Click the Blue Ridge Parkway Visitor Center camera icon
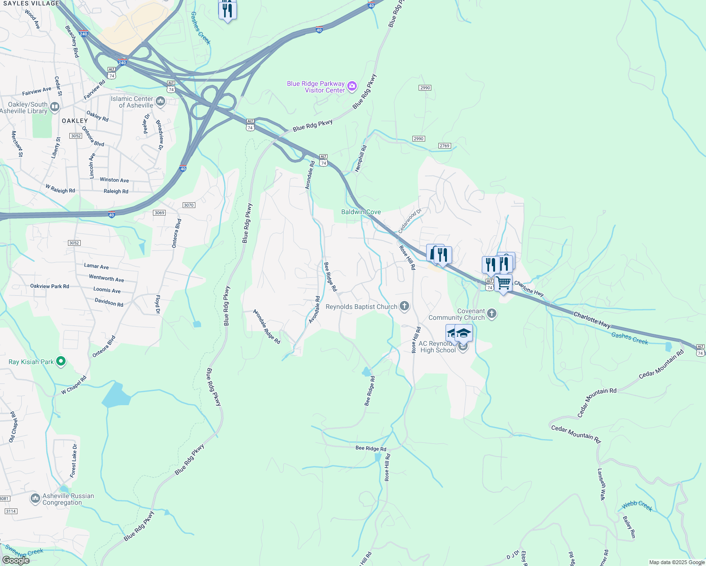[x=352, y=86]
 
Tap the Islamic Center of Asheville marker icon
[x=160, y=101]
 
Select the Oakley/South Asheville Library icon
[x=55, y=107]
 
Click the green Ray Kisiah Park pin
[x=60, y=362]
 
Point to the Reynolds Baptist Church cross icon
[x=404, y=307]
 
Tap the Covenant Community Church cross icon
[x=492, y=314]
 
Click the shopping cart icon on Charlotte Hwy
[x=504, y=283]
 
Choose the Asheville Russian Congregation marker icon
[x=35, y=499]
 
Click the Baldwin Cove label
[x=361, y=212]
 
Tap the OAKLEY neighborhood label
[x=75, y=121]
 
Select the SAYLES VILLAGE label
[x=31, y=3]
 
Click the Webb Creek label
[x=637, y=507]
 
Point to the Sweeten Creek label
[x=25, y=552]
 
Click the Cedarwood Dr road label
[x=409, y=221]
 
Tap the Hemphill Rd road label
[x=361, y=158]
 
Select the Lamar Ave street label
[x=96, y=266]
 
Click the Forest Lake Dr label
[x=74, y=461]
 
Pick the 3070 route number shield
[x=189, y=205]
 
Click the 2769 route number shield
[x=445, y=146]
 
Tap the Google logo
[x=16, y=560]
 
